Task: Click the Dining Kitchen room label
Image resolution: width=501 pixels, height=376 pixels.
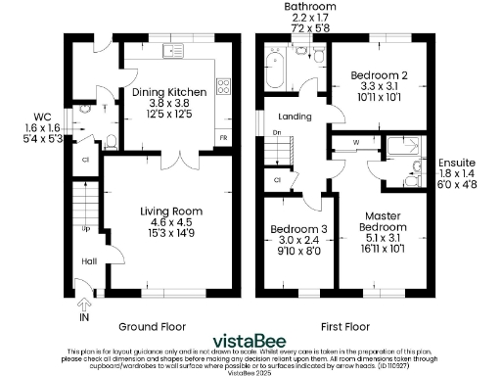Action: click(169, 92)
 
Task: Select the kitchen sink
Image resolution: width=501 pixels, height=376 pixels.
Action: click(177, 49)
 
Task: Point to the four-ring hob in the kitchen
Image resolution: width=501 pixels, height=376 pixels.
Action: click(223, 85)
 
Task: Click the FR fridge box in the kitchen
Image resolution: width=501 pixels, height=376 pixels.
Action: click(223, 138)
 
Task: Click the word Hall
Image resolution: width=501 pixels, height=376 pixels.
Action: click(88, 261)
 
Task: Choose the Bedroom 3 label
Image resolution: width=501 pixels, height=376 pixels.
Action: click(295, 231)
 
